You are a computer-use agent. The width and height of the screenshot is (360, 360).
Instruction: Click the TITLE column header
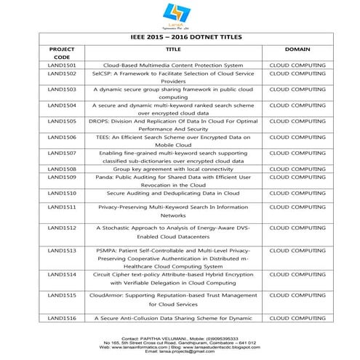(x=174, y=49)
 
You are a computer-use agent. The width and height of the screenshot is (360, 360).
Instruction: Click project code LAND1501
(x=62, y=65)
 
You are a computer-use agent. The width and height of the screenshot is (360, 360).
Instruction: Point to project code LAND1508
(x=62, y=169)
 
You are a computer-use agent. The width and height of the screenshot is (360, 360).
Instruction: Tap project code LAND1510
(x=62, y=193)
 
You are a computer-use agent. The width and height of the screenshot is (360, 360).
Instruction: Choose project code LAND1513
(x=62, y=250)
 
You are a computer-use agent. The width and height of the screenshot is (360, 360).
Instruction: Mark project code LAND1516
(x=62, y=319)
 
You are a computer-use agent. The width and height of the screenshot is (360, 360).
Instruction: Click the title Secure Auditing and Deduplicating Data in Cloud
(x=173, y=193)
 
